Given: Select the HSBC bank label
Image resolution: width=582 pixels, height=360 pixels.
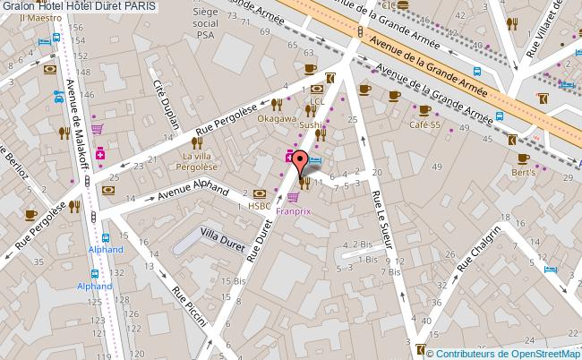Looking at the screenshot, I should tap(260, 205).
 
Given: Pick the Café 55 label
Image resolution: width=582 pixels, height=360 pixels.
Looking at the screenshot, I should tap(426, 123).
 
